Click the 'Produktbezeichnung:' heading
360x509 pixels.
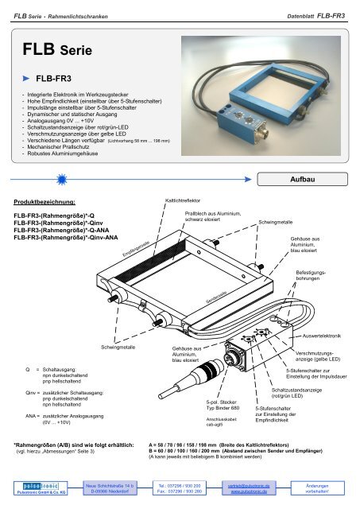(49, 202)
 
